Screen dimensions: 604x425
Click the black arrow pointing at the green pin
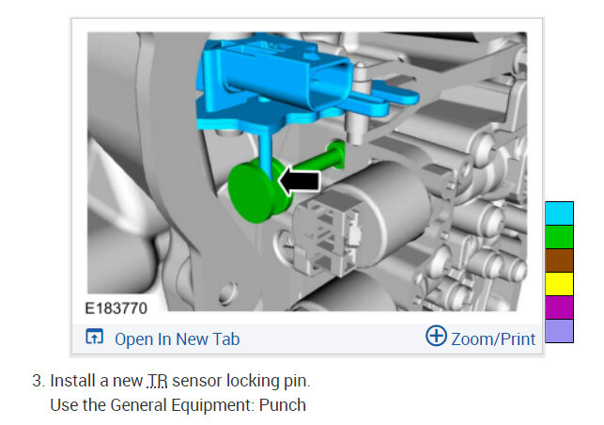(299, 181)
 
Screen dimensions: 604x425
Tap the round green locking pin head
(253, 193)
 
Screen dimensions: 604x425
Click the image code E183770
(116, 308)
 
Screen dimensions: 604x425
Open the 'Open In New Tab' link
(178, 339)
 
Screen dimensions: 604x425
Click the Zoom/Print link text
(493, 339)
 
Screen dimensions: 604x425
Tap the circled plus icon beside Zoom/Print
(436, 336)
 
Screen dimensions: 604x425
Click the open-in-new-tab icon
(94, 337)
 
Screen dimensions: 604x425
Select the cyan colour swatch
(559, 213)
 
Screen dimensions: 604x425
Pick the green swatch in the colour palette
(559, 237)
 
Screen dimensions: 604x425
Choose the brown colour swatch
(559, 260)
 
